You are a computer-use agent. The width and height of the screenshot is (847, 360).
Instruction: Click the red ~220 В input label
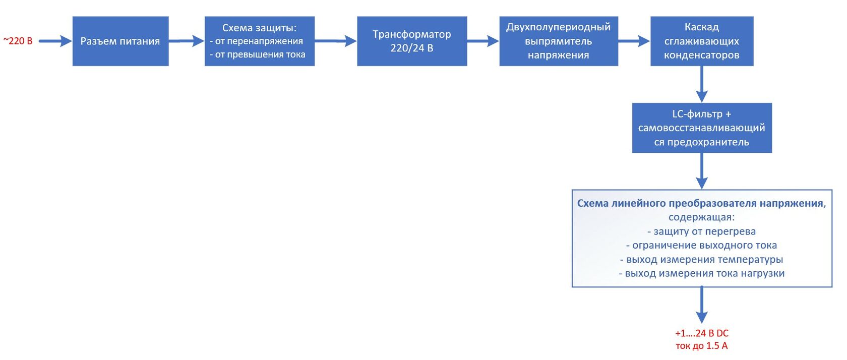point(18,41)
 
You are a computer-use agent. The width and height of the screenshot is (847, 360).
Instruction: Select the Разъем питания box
point(120,41)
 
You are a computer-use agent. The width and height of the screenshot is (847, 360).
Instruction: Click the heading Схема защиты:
point(259,28)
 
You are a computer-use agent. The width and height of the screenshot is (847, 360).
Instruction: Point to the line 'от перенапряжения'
point(259,41)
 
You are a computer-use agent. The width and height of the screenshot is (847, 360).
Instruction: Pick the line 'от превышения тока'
point(260,54)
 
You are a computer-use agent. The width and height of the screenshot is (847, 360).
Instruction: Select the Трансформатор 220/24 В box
point(411,41)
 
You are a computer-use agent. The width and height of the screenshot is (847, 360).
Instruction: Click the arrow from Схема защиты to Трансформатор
point(336,41)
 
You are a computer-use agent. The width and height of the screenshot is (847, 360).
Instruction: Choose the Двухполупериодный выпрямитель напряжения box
point(558,41)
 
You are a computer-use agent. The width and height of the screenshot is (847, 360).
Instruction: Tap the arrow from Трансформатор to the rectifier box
point(483,41)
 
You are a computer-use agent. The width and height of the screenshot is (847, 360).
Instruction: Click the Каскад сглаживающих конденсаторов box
point(701,41)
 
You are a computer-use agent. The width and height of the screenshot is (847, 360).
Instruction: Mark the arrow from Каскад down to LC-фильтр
point(701,84)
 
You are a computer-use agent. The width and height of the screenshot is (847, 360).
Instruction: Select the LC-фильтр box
point(701,128)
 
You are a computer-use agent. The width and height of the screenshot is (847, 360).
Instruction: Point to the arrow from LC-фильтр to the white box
point(701,171)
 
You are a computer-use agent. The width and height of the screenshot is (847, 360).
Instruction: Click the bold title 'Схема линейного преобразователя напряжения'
point(700,203)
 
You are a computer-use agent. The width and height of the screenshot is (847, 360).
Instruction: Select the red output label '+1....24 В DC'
point(701,333)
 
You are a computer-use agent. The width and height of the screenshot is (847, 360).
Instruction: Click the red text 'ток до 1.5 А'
point(701,346)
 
